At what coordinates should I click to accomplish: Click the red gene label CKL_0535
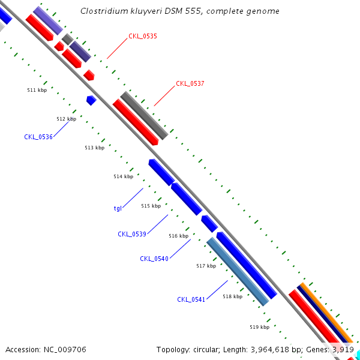pos(143,37)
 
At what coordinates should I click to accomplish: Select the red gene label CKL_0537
pos(190,84)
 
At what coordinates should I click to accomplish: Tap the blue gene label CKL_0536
pos(38,137)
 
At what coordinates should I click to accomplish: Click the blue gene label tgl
pos(118,209)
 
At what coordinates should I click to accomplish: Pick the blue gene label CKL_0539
pos(132,234)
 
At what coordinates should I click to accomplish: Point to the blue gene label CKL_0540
pos(154,259)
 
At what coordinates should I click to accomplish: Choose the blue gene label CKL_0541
pos(191,299)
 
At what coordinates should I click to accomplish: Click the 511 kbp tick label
pos(37,90)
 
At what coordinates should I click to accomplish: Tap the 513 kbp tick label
pos(94,148)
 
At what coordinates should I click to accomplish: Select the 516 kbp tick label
pos(178,236)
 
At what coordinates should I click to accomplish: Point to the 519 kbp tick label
pos(259,327)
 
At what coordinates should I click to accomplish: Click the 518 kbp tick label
pos(232,296)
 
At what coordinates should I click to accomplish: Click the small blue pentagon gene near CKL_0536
pos(91,100)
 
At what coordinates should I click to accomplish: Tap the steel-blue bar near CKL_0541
pos(237,272)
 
